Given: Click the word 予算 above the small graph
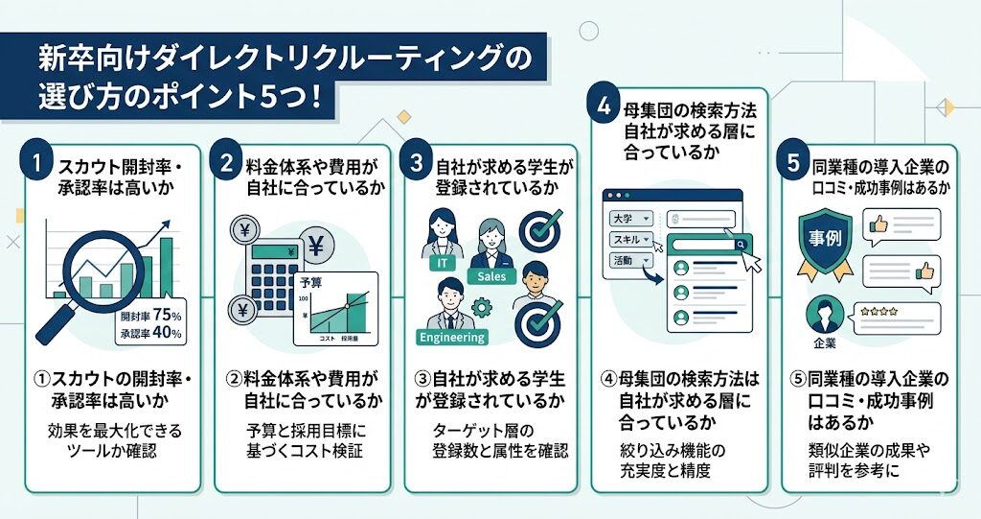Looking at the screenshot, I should [x=311, y=283].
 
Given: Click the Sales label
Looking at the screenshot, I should [x=491, y=276].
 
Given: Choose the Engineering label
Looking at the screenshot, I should [x=453, y=337].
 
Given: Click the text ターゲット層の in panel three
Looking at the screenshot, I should [x=483, y=428].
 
